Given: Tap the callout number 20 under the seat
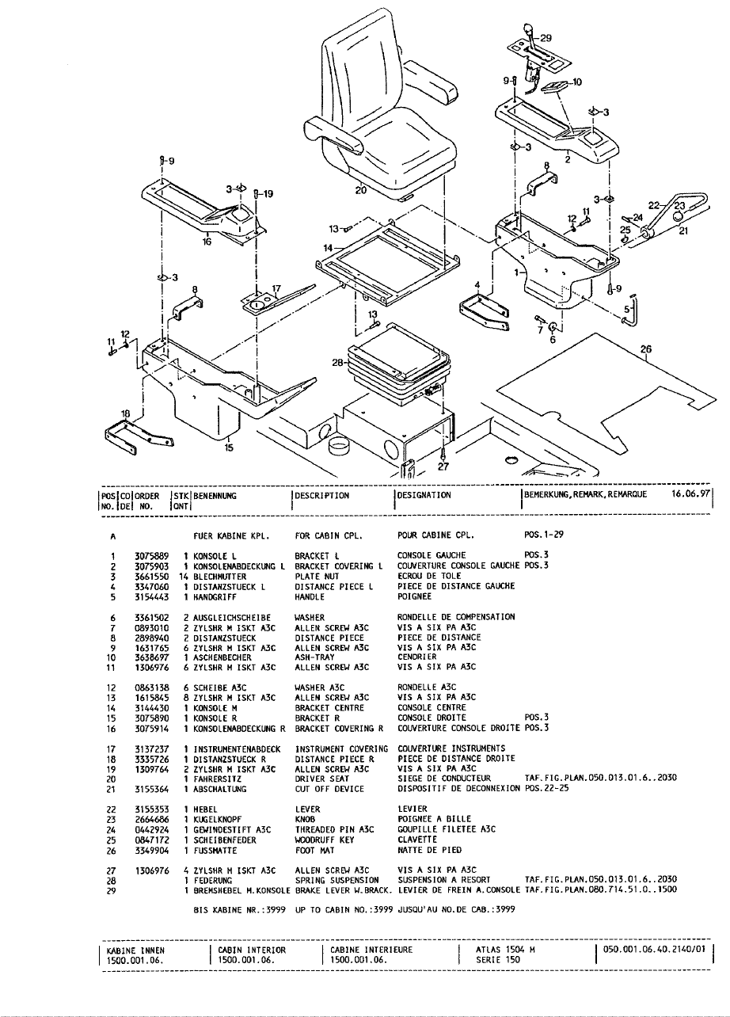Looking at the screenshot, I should tap(361, 190).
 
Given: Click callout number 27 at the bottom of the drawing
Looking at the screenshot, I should tap(443, 467).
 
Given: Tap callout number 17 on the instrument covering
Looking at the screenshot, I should tap(276, 288).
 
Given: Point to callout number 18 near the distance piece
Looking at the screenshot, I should tap(125, 413).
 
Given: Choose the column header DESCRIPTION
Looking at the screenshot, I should tap(321, 496).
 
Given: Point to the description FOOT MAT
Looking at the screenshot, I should tap(315, 850).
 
